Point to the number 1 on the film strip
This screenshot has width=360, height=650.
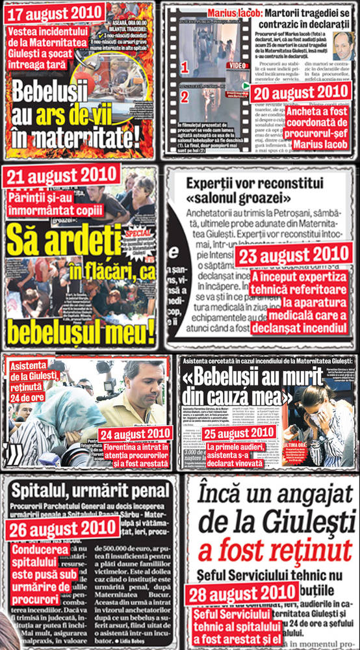tap(185, 66)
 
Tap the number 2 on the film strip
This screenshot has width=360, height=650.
tap(185, 97)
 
